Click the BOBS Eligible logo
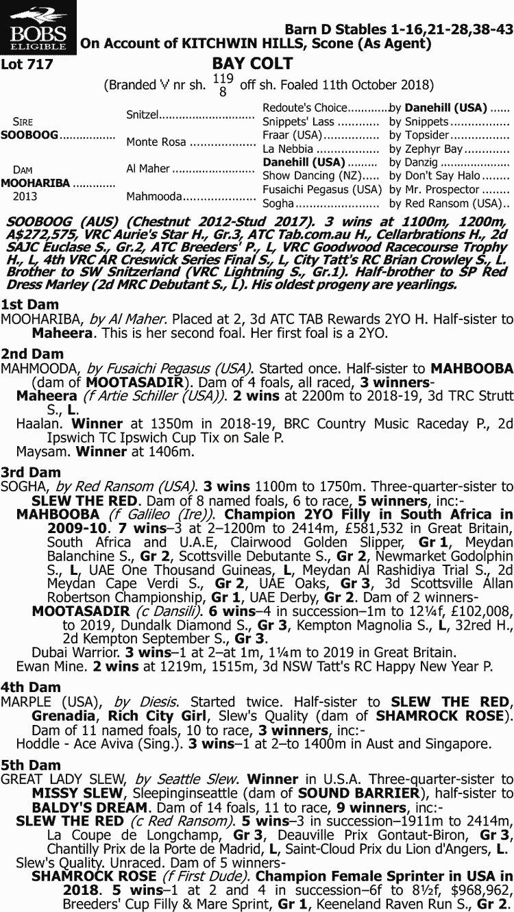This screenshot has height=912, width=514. pyautogui.click(x=38, y=28)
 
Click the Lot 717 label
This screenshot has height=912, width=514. pyautogui.click(x=27, y=65)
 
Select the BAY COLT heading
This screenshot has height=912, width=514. pyautogui.click(x=252, y=64)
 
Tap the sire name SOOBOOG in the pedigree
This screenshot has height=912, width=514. pyautogui.click(x=29, y=135)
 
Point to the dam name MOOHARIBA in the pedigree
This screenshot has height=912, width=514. pyautogui.click(x=35, y=183)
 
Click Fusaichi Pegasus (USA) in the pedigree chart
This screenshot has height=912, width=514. pyautogui.click(x=322, y=190)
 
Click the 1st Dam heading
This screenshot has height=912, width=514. pyautogui.click(x=29, y=304)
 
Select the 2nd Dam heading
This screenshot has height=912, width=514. pyautogui.click(x=32, y=354)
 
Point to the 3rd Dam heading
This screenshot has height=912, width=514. pyautogui.click(x=31, y=472)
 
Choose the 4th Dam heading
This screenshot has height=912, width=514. pyautogui.click(x=31, y=687)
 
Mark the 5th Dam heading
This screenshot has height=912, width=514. pyautogui.click(x=31, y=765)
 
